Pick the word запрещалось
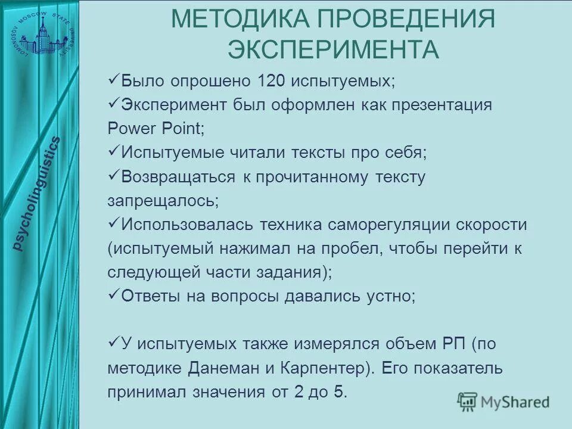(163, 201)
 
